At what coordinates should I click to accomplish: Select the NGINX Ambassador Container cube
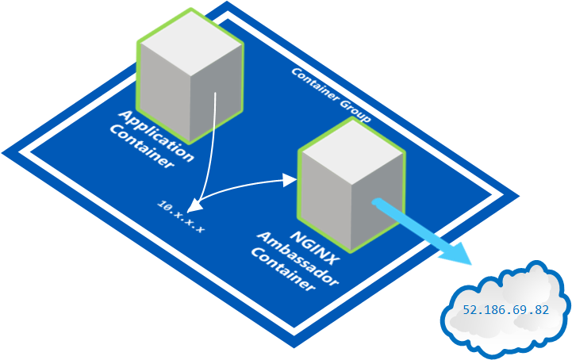tap(350, 195)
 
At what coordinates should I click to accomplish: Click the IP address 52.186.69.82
tap(506, 310)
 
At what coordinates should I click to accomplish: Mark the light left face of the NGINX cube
tap(325, 206)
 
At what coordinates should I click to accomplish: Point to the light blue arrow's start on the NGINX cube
tap(374, 203)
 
